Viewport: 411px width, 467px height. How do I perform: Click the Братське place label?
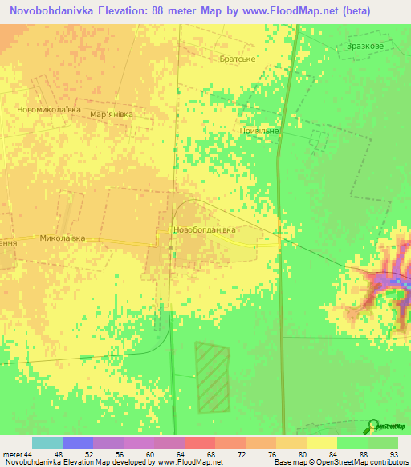237,59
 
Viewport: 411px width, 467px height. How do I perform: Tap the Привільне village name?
258,130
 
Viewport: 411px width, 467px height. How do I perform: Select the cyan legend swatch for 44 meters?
47,442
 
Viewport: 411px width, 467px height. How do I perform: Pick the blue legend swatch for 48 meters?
78,442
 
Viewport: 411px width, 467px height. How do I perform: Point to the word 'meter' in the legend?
13,455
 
